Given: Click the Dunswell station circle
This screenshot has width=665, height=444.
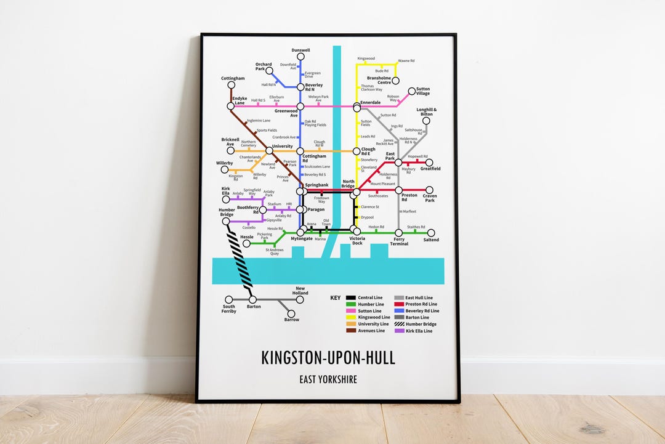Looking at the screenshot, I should pyautogui.click(x=300, y=57).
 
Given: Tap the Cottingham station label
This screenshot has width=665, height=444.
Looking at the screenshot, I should pyautogui.click(x=233, y=79).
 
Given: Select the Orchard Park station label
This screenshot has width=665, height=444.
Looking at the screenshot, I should pyautogui.click(x=264, y=66).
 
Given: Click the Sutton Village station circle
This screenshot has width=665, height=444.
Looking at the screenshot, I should pyautogui.click(x=412, y=92).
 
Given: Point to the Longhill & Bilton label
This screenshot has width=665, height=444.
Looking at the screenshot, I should pyautogui.click(x=425, y=112).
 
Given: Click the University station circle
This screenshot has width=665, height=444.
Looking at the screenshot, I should pyautogui.click(x=269, y=150).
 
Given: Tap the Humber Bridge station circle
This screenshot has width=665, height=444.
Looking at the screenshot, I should pyautogui.click(x=226, y=221).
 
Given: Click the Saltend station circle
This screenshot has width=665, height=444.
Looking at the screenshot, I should pyautogui.click(x=431, y=233).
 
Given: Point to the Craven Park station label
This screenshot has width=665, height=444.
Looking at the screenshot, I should pyautogui.click(x=429, y=198).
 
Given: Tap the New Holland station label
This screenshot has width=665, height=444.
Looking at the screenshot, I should pyautogui.click(x=300, y=291).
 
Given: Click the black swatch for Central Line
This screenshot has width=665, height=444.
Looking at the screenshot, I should pyautogui.click(x=350, y=298).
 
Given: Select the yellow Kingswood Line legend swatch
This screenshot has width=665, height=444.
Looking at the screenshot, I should pyautogui.click(x=350, y=317).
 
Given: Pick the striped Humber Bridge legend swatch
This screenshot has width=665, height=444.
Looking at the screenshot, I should pyautogui.click(x=398, y=325).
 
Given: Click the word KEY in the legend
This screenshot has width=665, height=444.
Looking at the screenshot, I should pyautogui.click(x=336, y=298).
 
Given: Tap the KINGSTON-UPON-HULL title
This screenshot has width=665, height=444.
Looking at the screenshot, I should pyautogui.click(x=328, y=358).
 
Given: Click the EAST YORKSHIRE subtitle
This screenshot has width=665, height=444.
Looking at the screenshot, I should pyautogui.click(x=328, y=379).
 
